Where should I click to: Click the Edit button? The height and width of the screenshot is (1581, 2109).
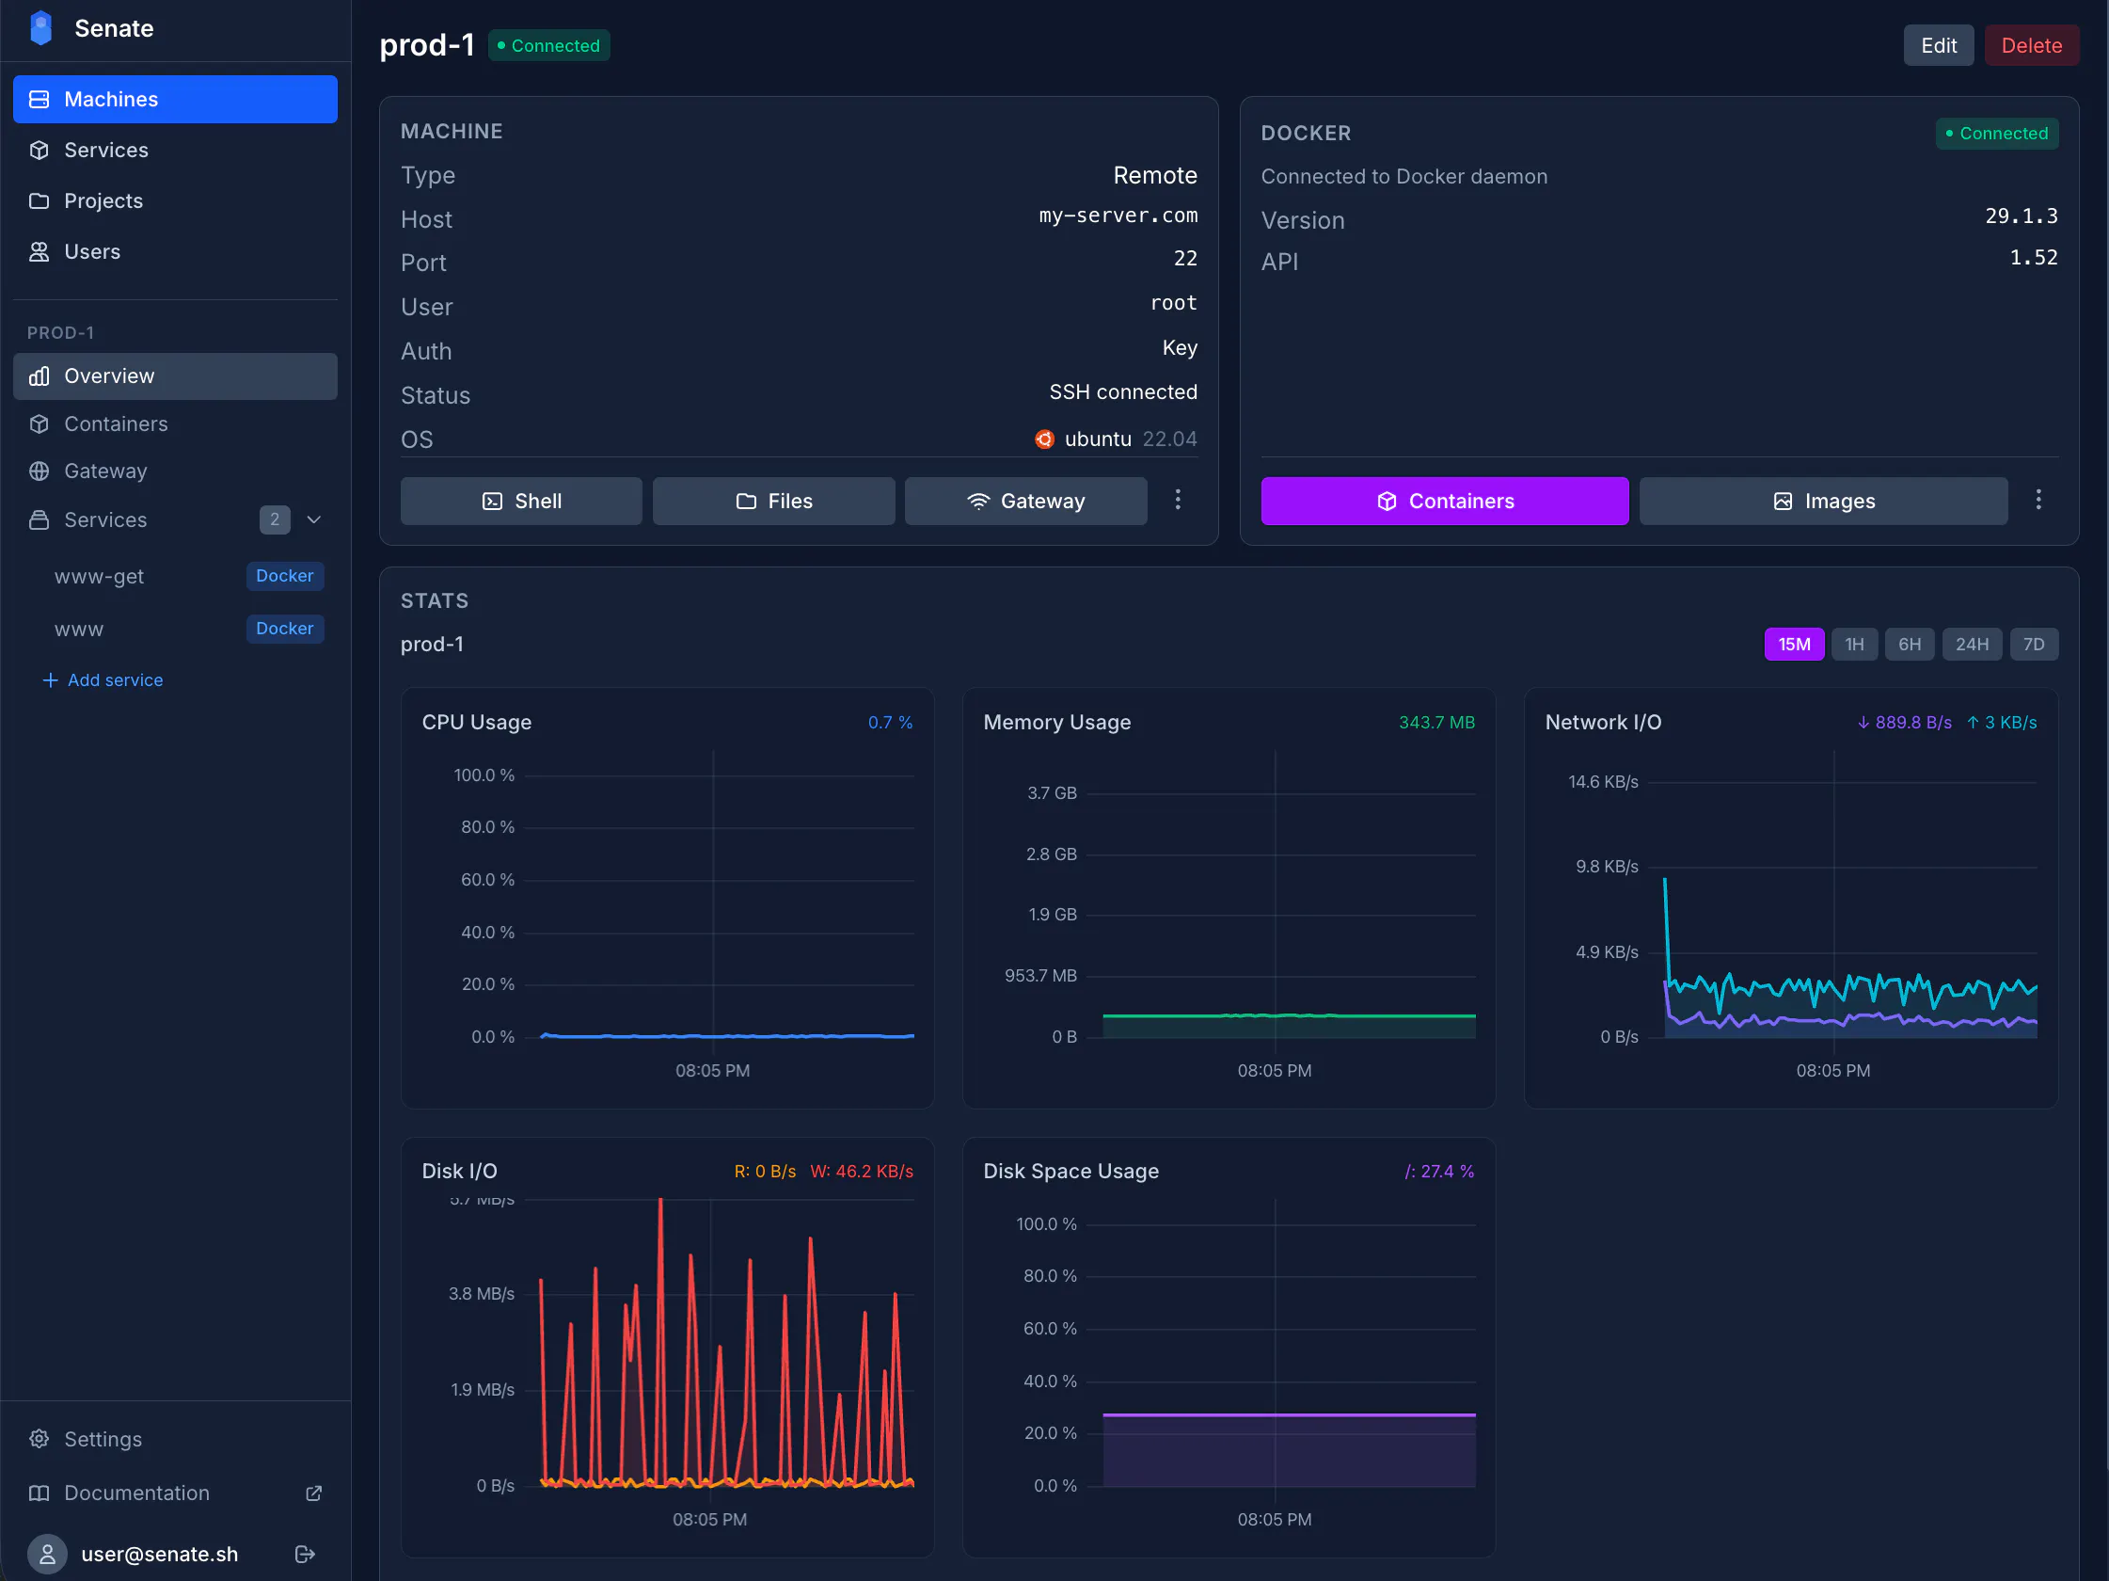click(x=1938, y=46)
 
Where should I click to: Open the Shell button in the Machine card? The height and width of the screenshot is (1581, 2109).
click(x=520, y=501)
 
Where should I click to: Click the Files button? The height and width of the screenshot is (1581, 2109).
click(x=773, y=501)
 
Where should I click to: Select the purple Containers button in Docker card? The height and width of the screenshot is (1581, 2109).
click(x=1445, y=501)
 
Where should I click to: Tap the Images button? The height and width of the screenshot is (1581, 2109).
click(x=1823, y=501)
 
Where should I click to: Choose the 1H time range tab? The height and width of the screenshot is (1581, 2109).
click(x=1853, y=644)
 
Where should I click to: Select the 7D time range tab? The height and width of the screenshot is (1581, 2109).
click(x=2034, y=644)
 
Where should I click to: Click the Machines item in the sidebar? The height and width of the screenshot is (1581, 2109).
click(x=175, y=99)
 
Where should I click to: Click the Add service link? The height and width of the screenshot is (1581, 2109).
click(x=103, y=679)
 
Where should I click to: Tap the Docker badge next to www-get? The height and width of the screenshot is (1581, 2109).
click(x=284, y=576)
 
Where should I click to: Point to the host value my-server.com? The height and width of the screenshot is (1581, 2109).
click(x=1118, y=216)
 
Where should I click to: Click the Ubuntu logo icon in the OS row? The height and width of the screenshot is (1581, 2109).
click(x=1045, y=439)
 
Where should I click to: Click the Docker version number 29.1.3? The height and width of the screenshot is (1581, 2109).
click(x=2022, y=216)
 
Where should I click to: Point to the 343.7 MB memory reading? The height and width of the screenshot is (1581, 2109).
click(x=1435, y=722)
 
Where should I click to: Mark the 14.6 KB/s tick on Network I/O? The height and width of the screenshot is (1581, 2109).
click(x=1603, y=782)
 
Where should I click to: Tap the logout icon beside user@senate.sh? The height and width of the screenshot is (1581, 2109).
click(x=305, y=1555)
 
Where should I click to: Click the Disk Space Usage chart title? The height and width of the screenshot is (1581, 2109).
click(x=1070, y=1171)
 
